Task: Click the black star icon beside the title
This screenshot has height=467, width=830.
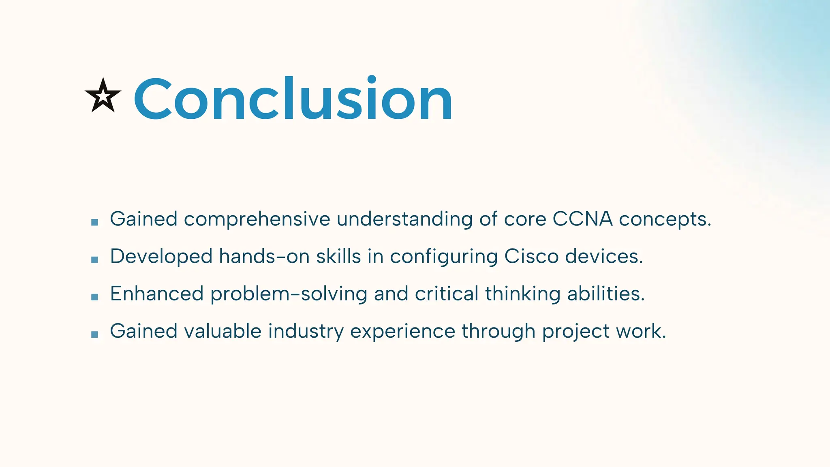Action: coord(103,96)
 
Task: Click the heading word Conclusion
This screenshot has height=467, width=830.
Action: coord(293,99)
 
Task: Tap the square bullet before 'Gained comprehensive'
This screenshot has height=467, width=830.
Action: coord(95,222)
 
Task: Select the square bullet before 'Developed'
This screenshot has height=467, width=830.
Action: coord(95,259)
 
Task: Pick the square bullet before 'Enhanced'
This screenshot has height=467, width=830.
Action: coord(95,297)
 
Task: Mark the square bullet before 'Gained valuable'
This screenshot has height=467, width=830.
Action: coord(95,334)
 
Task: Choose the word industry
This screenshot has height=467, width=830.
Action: coord(306,332)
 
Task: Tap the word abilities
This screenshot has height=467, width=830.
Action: coord(605,293)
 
